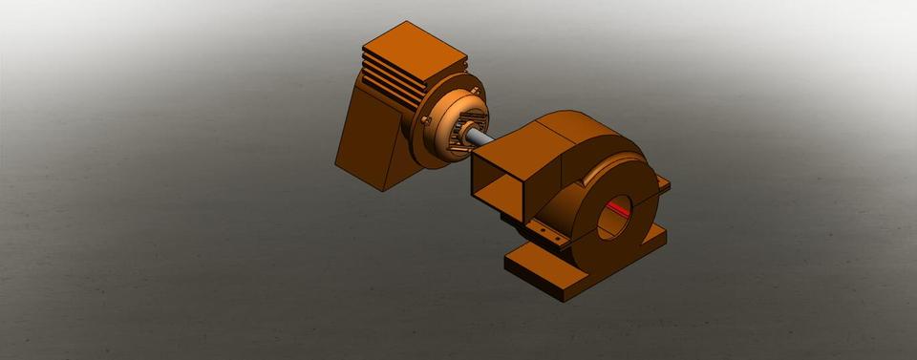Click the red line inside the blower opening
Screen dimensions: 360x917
coord(618,207)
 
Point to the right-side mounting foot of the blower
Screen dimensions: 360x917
coord(659,234)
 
